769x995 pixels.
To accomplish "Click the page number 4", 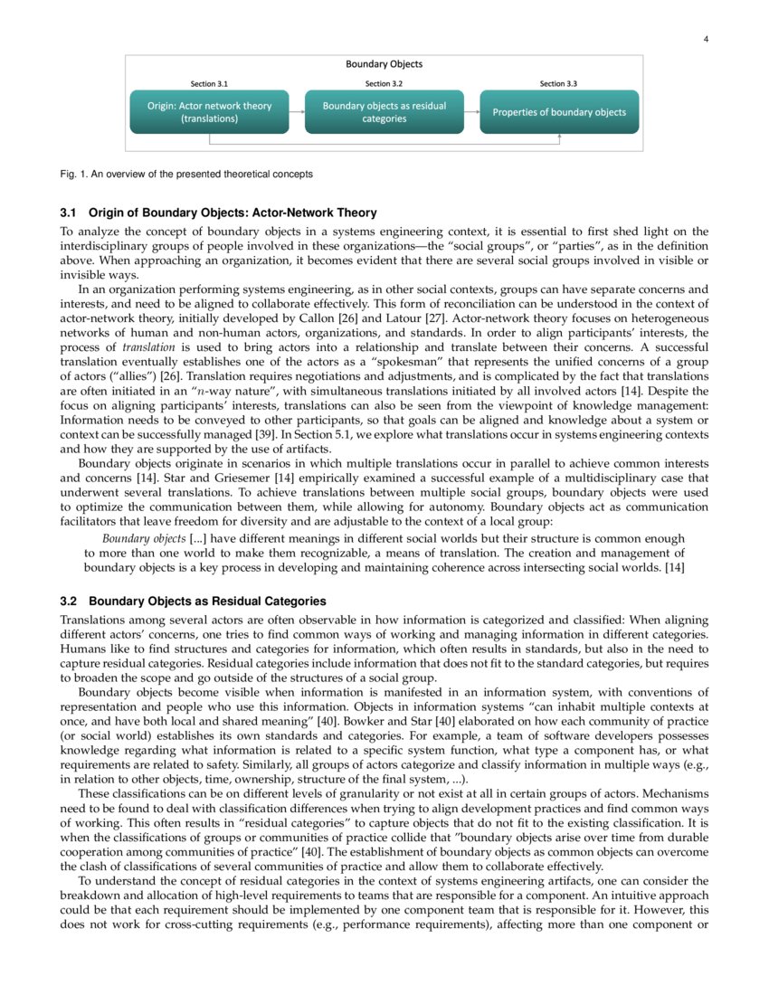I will click(x=705, y=38).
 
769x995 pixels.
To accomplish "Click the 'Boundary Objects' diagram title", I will click(x=384, y=64).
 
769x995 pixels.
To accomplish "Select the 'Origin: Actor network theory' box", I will click(x=209, y=112).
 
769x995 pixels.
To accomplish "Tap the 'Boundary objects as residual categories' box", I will click(x=384, y=112).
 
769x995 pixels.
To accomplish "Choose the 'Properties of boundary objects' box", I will click(x=558, y=112).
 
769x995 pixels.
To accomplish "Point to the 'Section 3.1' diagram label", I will click(x=209, y=84).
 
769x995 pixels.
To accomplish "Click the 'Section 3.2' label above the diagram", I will click(x=384, y=84).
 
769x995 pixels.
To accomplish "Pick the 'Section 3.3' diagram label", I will click(x=558, y=84).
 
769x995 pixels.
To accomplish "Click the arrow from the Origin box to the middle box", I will click(x=297, y=112).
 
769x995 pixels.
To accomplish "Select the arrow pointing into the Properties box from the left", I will click(x=471, y=112).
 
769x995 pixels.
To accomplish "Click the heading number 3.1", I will click(x=68, y=213).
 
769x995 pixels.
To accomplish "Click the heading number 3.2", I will click(x=68, y=602).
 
